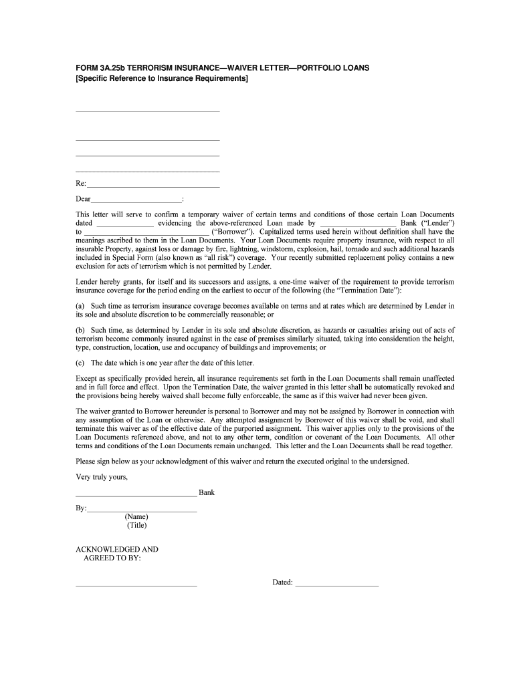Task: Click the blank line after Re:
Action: click(x=153, y=186)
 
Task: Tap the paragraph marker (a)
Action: click(x=80, y=306)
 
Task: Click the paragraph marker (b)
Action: click(x=80, y=331)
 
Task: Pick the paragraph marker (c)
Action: click(x=80, y=363)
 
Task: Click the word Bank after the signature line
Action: click(x=207, y=493)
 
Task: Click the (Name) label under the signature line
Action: click(x=136, y=517)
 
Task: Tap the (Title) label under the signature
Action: click(x=136, y=526)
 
